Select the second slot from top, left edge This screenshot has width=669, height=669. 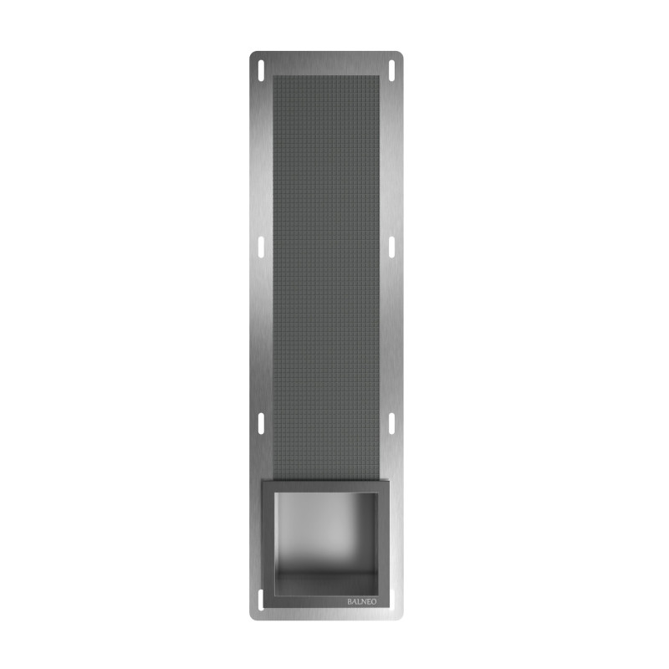click(261, 248)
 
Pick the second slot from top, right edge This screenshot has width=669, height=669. click(391, 248)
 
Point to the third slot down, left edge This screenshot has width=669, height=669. click(261, 424)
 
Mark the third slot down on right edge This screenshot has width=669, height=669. click(391, 424)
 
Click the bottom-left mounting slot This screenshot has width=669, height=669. click(261, 600)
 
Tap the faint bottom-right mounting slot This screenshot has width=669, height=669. click(392, 600)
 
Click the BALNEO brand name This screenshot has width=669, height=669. click(362, 601)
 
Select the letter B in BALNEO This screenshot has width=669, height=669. click(350, 601)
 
